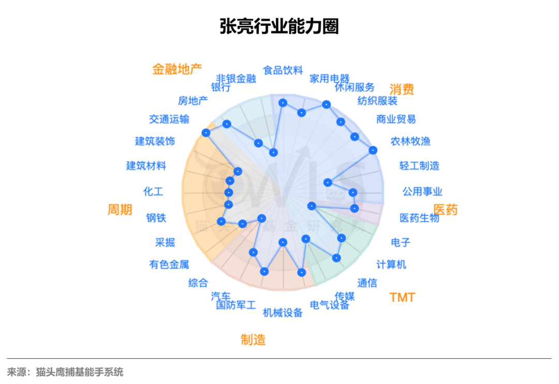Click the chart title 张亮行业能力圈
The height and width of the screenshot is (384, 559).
click(279, 26)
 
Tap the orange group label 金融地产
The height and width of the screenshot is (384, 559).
click(176, 69)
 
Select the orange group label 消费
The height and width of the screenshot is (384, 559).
click(402, 89)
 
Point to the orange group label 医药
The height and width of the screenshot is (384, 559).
click(445, 210)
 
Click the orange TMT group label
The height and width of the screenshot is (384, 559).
click(402, 297)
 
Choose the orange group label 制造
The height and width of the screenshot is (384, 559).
click(253, 340)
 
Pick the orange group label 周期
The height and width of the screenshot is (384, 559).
click(120, 210)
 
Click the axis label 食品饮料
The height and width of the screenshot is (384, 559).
click(283, 70)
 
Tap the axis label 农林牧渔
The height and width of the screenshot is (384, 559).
click(410, 141)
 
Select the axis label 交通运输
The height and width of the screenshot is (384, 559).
click(169, 119)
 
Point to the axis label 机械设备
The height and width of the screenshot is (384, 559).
click(283, 312)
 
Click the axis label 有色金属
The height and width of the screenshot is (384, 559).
click(169, 265)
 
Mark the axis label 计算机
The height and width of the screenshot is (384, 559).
click(391, 265)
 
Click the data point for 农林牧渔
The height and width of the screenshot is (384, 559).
click(373, 150)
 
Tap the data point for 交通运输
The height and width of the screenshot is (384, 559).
click(206, 133)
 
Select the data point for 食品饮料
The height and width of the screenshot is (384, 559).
click(283, 103)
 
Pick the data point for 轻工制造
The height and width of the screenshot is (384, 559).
click(327, 182)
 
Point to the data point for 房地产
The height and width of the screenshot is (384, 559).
click(226, 124)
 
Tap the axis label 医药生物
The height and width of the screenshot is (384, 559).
click(419, 218)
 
